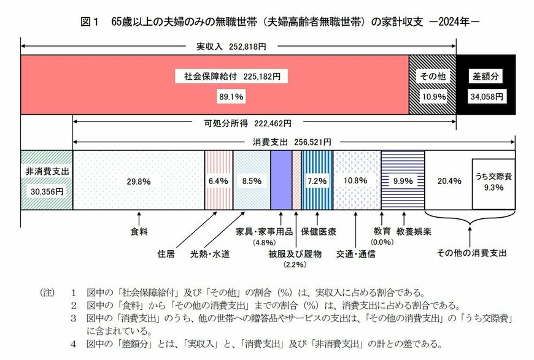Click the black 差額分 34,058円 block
486,85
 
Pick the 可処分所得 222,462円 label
247,123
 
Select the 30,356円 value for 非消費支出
46,190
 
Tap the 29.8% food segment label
138,181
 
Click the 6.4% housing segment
219,181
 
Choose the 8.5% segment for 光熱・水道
252,181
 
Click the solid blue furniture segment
281,181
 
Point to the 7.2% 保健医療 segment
317,181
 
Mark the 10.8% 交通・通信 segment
356,181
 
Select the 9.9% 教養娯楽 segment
402,181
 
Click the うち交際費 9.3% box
493,183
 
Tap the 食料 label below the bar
139,233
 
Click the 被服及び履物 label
294,253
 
